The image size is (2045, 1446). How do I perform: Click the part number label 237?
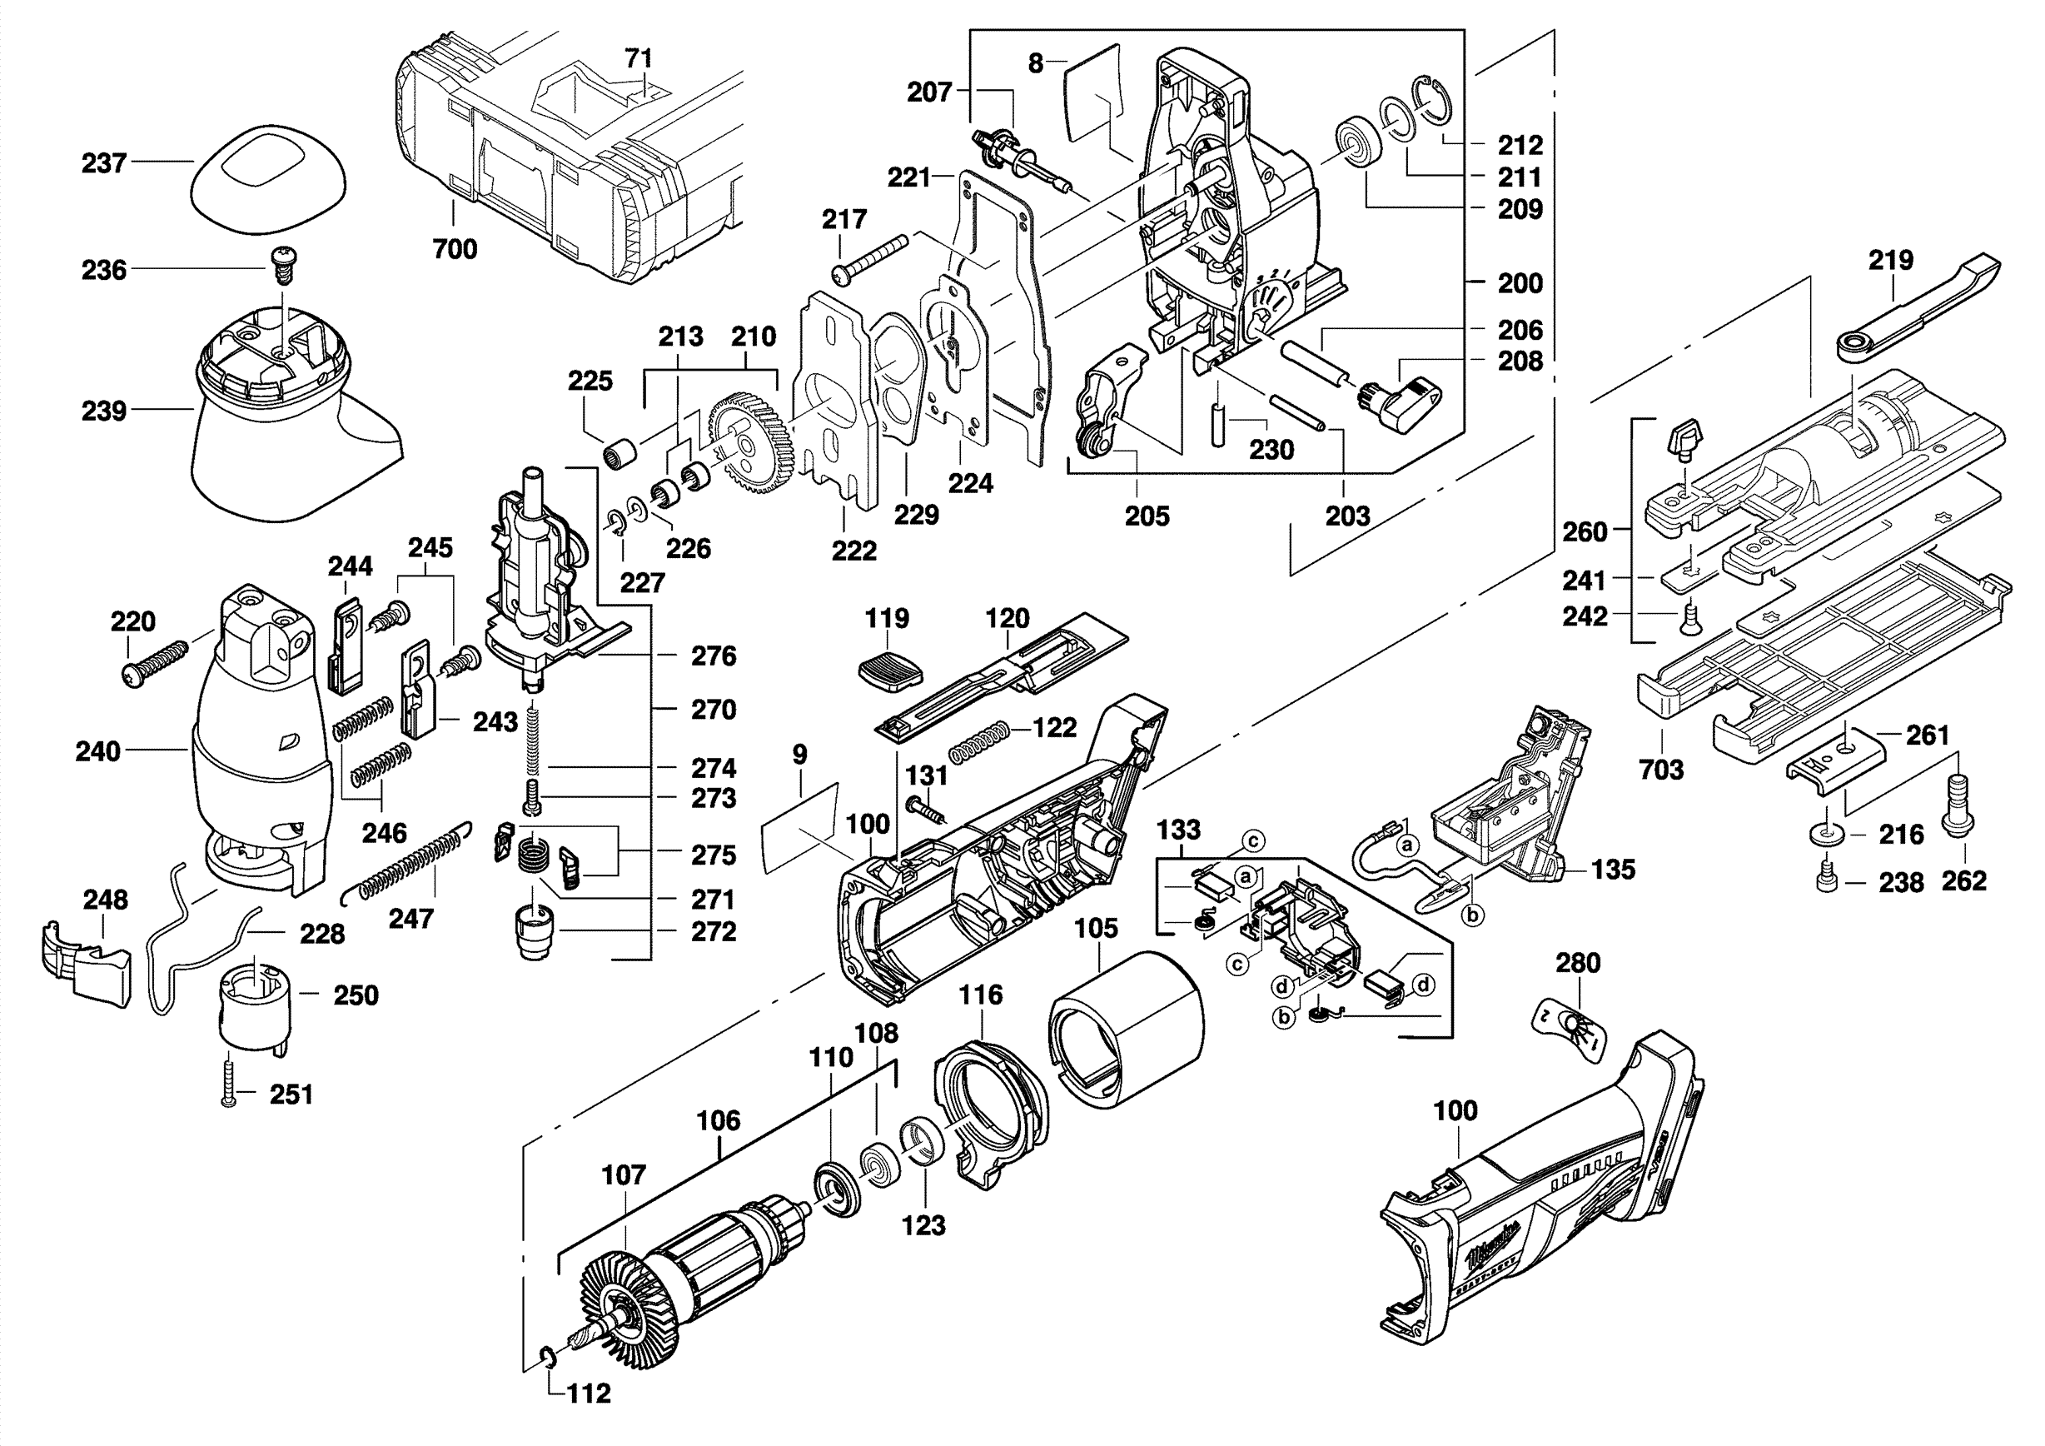pos(103,163)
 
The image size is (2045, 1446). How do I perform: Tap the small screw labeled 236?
pos(282,264)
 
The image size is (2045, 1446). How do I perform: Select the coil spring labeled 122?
pos(979,741)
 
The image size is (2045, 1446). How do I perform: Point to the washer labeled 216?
pos(1825,835)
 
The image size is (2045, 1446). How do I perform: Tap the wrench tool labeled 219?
pos(1915,307)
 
